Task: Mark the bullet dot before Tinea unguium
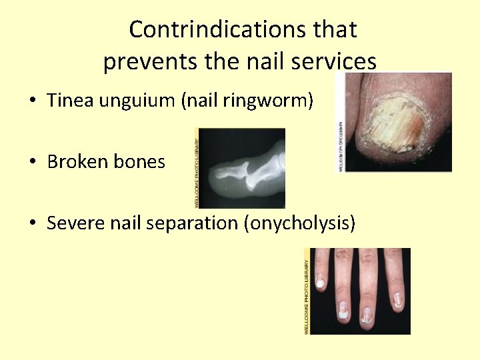[33, 101]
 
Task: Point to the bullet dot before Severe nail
[33, 223]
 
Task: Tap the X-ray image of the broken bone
[243, 169]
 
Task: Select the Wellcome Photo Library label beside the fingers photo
[307, 291]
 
